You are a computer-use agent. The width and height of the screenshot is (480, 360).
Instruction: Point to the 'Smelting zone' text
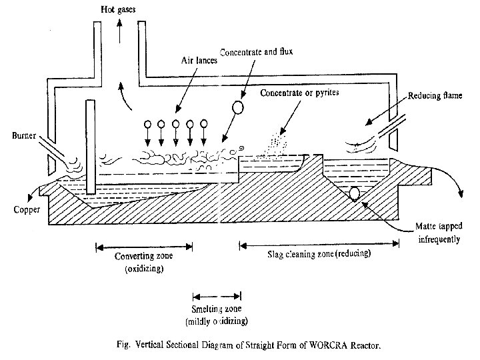coord(217,310)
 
